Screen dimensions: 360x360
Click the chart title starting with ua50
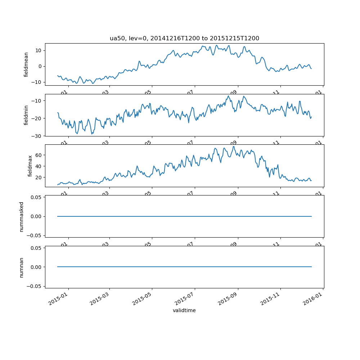184,39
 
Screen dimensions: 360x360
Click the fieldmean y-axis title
26,64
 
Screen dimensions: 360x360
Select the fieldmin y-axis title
26,115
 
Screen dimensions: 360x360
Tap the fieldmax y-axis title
30,166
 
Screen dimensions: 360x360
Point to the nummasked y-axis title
21,216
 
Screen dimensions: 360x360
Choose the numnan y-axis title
21,267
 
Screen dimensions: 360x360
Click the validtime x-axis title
184,310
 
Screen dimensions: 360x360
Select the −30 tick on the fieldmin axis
38,136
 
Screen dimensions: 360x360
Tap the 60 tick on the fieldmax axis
39,155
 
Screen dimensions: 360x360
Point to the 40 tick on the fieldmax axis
39,166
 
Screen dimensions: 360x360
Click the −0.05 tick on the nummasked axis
35,235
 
